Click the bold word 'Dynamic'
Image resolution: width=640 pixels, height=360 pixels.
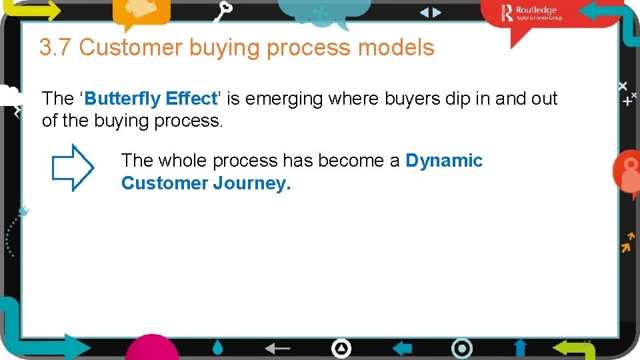coord(444,161)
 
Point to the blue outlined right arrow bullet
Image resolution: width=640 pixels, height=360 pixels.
coord(73,168)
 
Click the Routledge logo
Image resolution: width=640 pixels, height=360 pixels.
coord(533,13)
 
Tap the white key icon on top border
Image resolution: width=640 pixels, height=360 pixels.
coord(225,11)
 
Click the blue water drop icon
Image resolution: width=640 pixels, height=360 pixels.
coord(218,347)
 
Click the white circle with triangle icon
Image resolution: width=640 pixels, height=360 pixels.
coord(341,348)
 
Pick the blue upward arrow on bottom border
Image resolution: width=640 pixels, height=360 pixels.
coord(520,347)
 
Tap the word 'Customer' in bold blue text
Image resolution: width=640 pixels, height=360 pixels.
coord(164,183)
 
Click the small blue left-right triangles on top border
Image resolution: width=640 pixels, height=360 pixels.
coord(430,12)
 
